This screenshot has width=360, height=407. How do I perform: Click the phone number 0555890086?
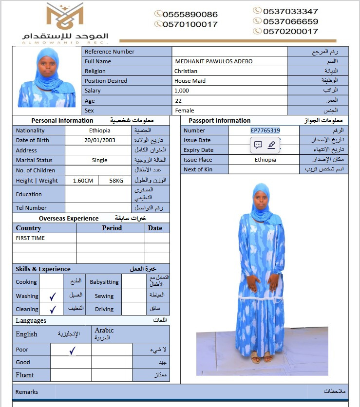click(x=190, y=15)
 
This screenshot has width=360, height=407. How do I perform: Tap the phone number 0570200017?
click(x=290, y=31)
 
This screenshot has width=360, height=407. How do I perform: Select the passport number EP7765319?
click(x=265, y=130)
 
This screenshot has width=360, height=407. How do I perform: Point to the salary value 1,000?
click(x=181, y=91)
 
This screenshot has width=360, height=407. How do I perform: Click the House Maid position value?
click(x=190, y=81)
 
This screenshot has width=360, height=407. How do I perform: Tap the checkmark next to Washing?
click(x=53, y=296)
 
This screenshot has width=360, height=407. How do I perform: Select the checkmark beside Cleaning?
click(x=53, y=309)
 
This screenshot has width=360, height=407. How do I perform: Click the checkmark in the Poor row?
click(x=72, y=350)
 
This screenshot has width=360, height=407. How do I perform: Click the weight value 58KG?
click(x=116, y=181)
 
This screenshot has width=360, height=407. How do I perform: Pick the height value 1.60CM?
click(x=83, y=181)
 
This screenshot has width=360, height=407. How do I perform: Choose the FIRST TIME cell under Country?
click(x=30, y=238)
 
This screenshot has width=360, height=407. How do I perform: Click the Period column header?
click(x=112, y=228)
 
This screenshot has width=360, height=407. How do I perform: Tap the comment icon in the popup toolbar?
click(x=258, y=145)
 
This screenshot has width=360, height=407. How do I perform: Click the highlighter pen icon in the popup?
click(x=271, y=145)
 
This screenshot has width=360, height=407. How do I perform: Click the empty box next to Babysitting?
click(x=133, y=282)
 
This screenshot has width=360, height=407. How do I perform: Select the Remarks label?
click(x=26, y=392)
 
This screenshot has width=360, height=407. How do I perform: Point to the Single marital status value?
click(x=99, y=160)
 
